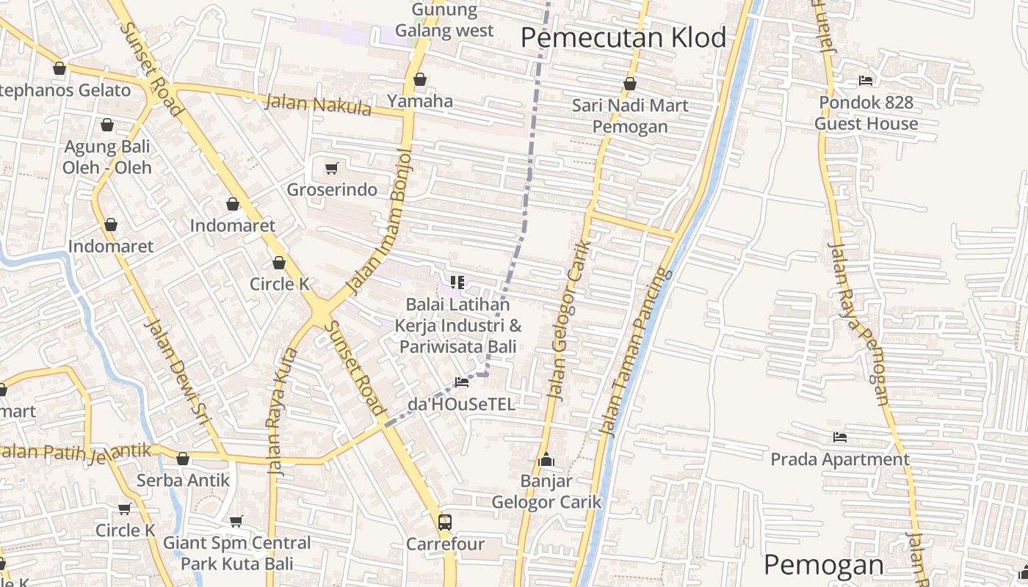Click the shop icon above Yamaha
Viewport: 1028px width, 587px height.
[420, 79]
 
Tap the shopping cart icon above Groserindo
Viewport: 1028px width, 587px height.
[331, 169]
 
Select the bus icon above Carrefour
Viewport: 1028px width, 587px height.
[445, 522]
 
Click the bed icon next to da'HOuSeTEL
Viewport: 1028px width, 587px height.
[462, 382]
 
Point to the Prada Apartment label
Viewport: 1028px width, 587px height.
[840, 459]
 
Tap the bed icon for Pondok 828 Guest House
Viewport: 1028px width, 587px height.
[866, 81]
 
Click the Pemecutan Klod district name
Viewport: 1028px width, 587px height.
[623, 37]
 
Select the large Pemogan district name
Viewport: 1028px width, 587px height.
[823, 565]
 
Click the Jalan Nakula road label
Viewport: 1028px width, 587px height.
[318, 104]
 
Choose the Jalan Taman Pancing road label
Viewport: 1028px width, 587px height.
[636, 352]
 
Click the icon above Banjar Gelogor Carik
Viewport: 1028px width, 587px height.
[546, 460]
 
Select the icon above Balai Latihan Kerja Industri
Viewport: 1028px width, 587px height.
[457, 282]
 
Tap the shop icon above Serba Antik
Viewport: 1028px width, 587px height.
[183, 459]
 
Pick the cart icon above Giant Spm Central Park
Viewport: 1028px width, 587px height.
[236, 522]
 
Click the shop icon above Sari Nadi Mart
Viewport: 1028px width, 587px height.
[630, 84]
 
